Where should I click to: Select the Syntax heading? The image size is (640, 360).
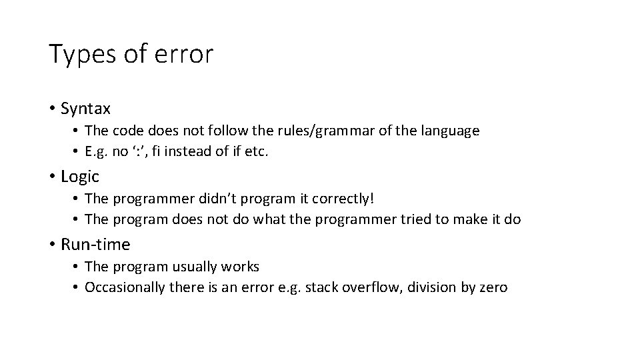[x=85, y=108]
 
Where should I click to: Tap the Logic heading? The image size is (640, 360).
[x=79, y=177]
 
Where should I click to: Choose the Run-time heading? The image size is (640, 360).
[x=95, y=245]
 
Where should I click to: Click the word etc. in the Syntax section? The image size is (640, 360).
[x=256, y=151]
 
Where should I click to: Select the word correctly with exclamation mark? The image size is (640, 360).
[x=353, y=199]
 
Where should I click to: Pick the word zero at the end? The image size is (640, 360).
[x=493, y=287]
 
